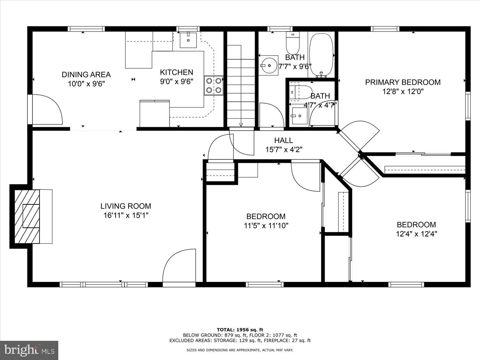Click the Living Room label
(x=125, y=206)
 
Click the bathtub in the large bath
(x=321, y=55)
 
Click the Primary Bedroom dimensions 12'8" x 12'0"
(x=403, y=92)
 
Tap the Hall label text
(x=284, y=140)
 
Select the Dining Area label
(x=86, y=74)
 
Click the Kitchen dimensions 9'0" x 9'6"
(x=177, y=82)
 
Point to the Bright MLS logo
(x=29, y=350)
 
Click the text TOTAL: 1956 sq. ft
(x=240, y=330)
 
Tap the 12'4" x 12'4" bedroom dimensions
(x=416, y=234)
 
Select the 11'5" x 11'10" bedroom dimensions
(x=266, y=226)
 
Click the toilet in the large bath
(x=293, y=41)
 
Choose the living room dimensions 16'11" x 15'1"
(x=125, y=215)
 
